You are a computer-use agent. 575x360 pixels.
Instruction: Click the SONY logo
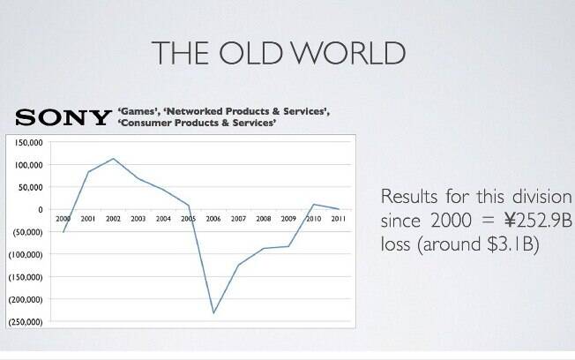[x=63, y=118]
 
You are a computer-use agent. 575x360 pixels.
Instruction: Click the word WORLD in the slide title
[x=349, y=53]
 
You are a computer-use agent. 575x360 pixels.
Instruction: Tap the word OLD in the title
[x=250, y=53]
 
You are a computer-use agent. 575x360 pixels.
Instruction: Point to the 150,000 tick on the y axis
[x=28, y=142]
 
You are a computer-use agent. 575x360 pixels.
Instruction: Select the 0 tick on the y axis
[x=41, y=209]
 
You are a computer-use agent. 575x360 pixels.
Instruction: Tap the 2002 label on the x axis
[x=113, y=219]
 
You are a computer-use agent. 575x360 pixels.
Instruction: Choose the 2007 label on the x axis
[x=238, y=219]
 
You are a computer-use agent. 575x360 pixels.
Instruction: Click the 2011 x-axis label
[x=339, y=219]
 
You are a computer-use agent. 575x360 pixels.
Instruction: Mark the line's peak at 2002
[x=113, y=159]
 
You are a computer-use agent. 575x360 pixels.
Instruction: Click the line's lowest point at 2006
[x=213, y=313]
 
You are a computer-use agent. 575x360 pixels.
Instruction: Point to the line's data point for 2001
[x=88, y=172]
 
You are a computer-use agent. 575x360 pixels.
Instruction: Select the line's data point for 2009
[x=288, y=246]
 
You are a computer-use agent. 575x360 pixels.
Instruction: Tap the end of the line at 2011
[x=339, y=209]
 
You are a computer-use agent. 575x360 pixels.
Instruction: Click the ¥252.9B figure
[x=537, y=221]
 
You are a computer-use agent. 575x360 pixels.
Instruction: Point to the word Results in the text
[x=409, y=197]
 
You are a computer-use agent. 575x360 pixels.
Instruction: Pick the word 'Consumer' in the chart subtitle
[x=145, y=123]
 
